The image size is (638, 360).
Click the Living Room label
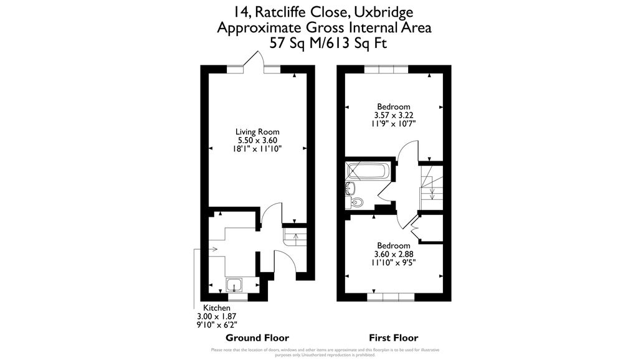point(257,132)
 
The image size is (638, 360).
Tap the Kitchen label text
point(217,308)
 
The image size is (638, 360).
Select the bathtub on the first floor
point(368,171)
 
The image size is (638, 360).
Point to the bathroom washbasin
point(350,187)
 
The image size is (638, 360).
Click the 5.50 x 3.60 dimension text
point(257,141)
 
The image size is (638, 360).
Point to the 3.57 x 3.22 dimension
point(394,115)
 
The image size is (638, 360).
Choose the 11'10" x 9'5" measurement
point(394,262)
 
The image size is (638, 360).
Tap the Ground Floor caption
point(257,338)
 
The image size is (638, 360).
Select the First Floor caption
point(394,338)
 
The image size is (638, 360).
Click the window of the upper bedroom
point(386,69)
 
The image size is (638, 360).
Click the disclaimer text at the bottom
point(319,352)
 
